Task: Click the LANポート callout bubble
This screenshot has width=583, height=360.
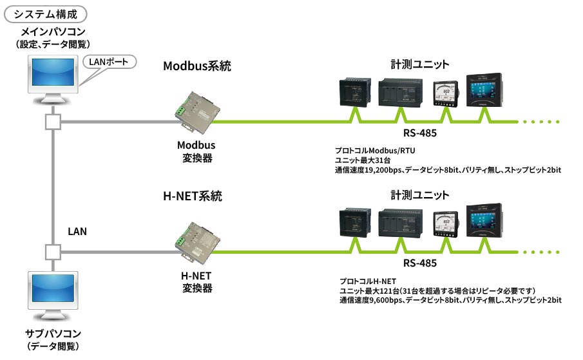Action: coord(111,63)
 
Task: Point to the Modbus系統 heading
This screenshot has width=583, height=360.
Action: coord(196,66)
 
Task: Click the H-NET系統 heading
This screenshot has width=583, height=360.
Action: coord(193,196)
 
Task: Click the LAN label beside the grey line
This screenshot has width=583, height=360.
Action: coord(77,230)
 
